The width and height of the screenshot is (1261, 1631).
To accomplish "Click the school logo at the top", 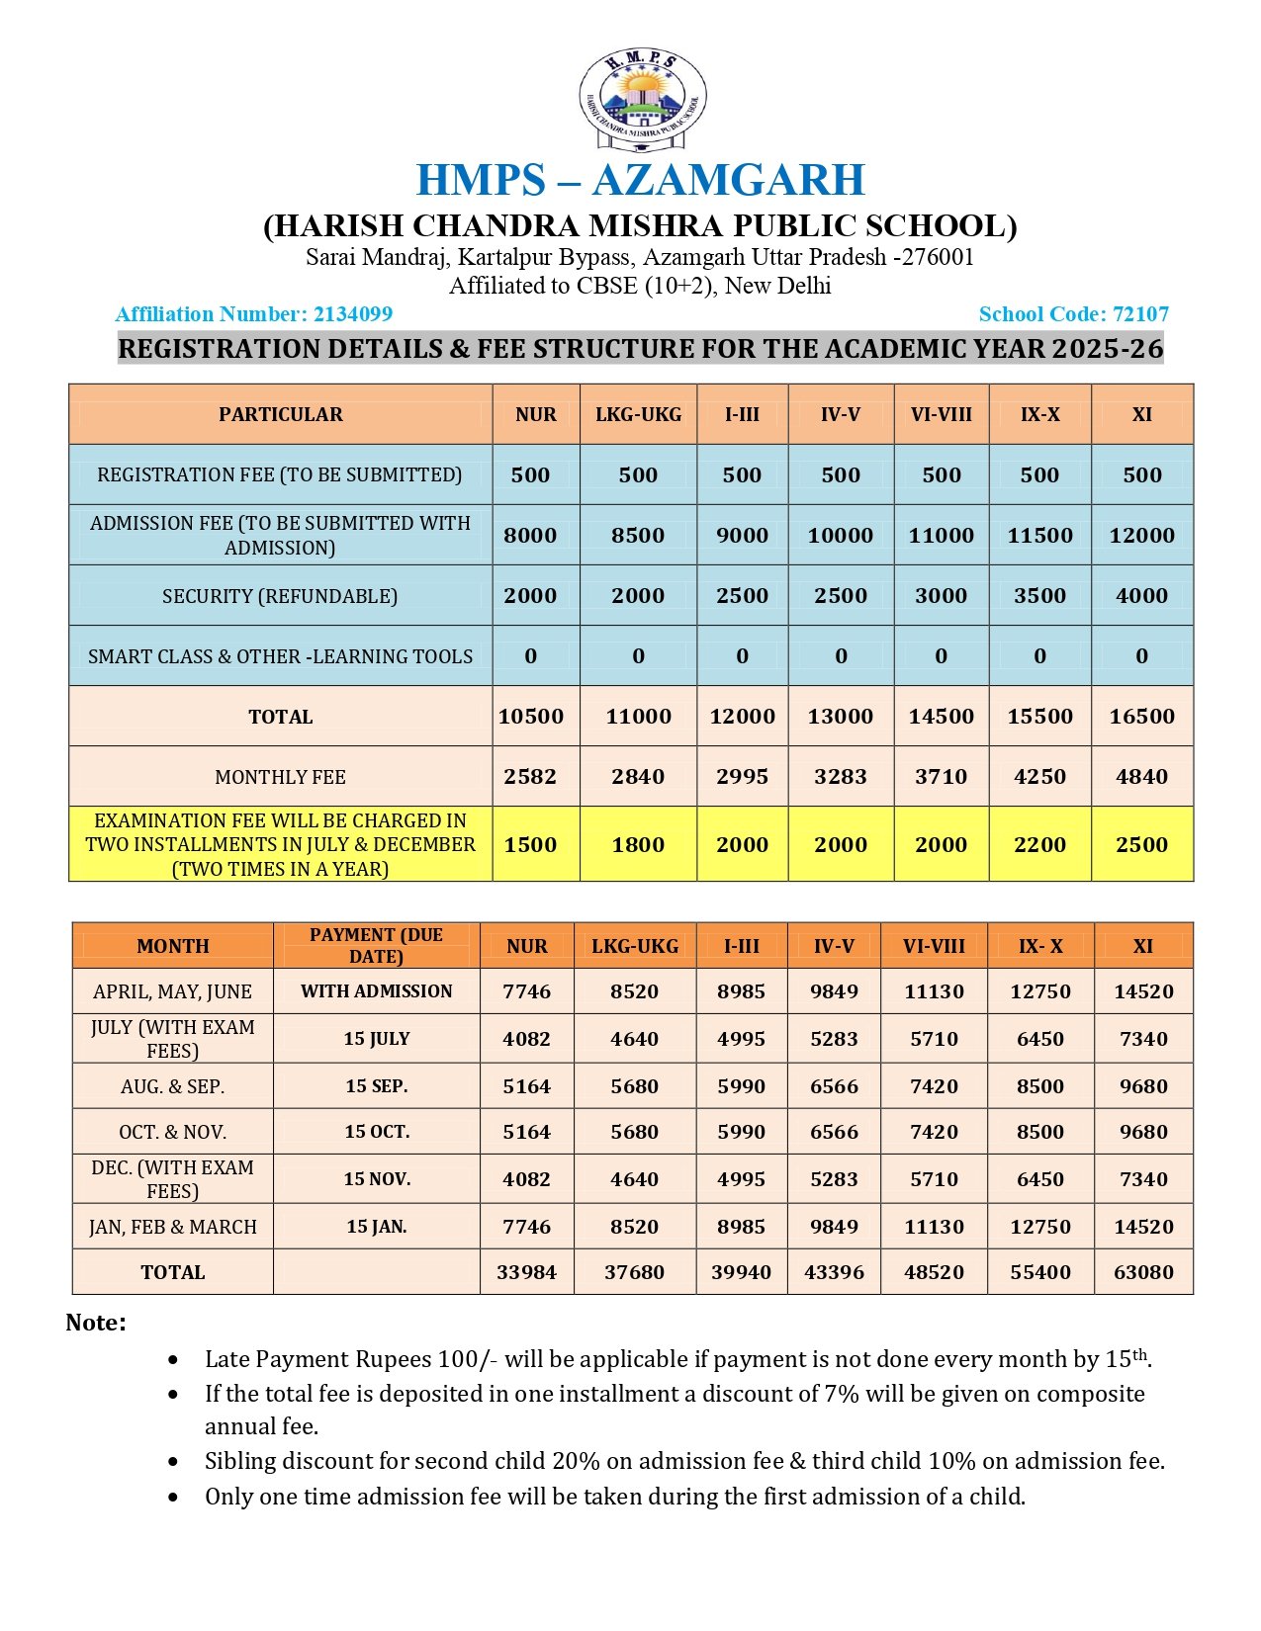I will [642, 100].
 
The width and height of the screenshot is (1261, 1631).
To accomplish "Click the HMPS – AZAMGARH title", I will [640, 180].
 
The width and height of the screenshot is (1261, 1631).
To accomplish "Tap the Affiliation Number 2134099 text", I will [253, 314].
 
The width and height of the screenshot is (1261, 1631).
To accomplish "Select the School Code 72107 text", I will [1073, 314].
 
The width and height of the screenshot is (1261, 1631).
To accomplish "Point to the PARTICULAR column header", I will [281, 414].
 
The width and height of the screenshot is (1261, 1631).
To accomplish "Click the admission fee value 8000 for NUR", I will [530, 536].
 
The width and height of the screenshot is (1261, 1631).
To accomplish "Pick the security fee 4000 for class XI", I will [1141, 596].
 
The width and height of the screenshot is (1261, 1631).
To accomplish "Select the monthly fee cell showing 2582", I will [530, 777].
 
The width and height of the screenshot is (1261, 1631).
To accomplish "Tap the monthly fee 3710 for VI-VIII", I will [941, 777].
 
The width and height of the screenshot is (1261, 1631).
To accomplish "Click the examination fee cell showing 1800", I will [638, 845].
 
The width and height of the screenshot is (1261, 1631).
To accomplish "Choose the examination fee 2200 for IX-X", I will [1039, 845].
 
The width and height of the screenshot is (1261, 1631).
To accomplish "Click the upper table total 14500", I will [941, 717].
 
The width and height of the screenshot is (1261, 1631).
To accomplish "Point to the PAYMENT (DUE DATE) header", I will [376, 945].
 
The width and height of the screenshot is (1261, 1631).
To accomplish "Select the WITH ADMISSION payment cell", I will [376, 991].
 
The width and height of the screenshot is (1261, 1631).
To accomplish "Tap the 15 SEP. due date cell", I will [376, 1086].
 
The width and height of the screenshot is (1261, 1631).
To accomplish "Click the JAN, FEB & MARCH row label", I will [172, 1227].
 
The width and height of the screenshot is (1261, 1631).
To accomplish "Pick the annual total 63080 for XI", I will [1143, 1272].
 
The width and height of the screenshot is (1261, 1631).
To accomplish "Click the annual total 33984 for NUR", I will [526, 1272].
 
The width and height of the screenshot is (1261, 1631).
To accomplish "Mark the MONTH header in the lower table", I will [172, 946].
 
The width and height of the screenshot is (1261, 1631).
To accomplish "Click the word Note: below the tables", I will [96, 1323].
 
